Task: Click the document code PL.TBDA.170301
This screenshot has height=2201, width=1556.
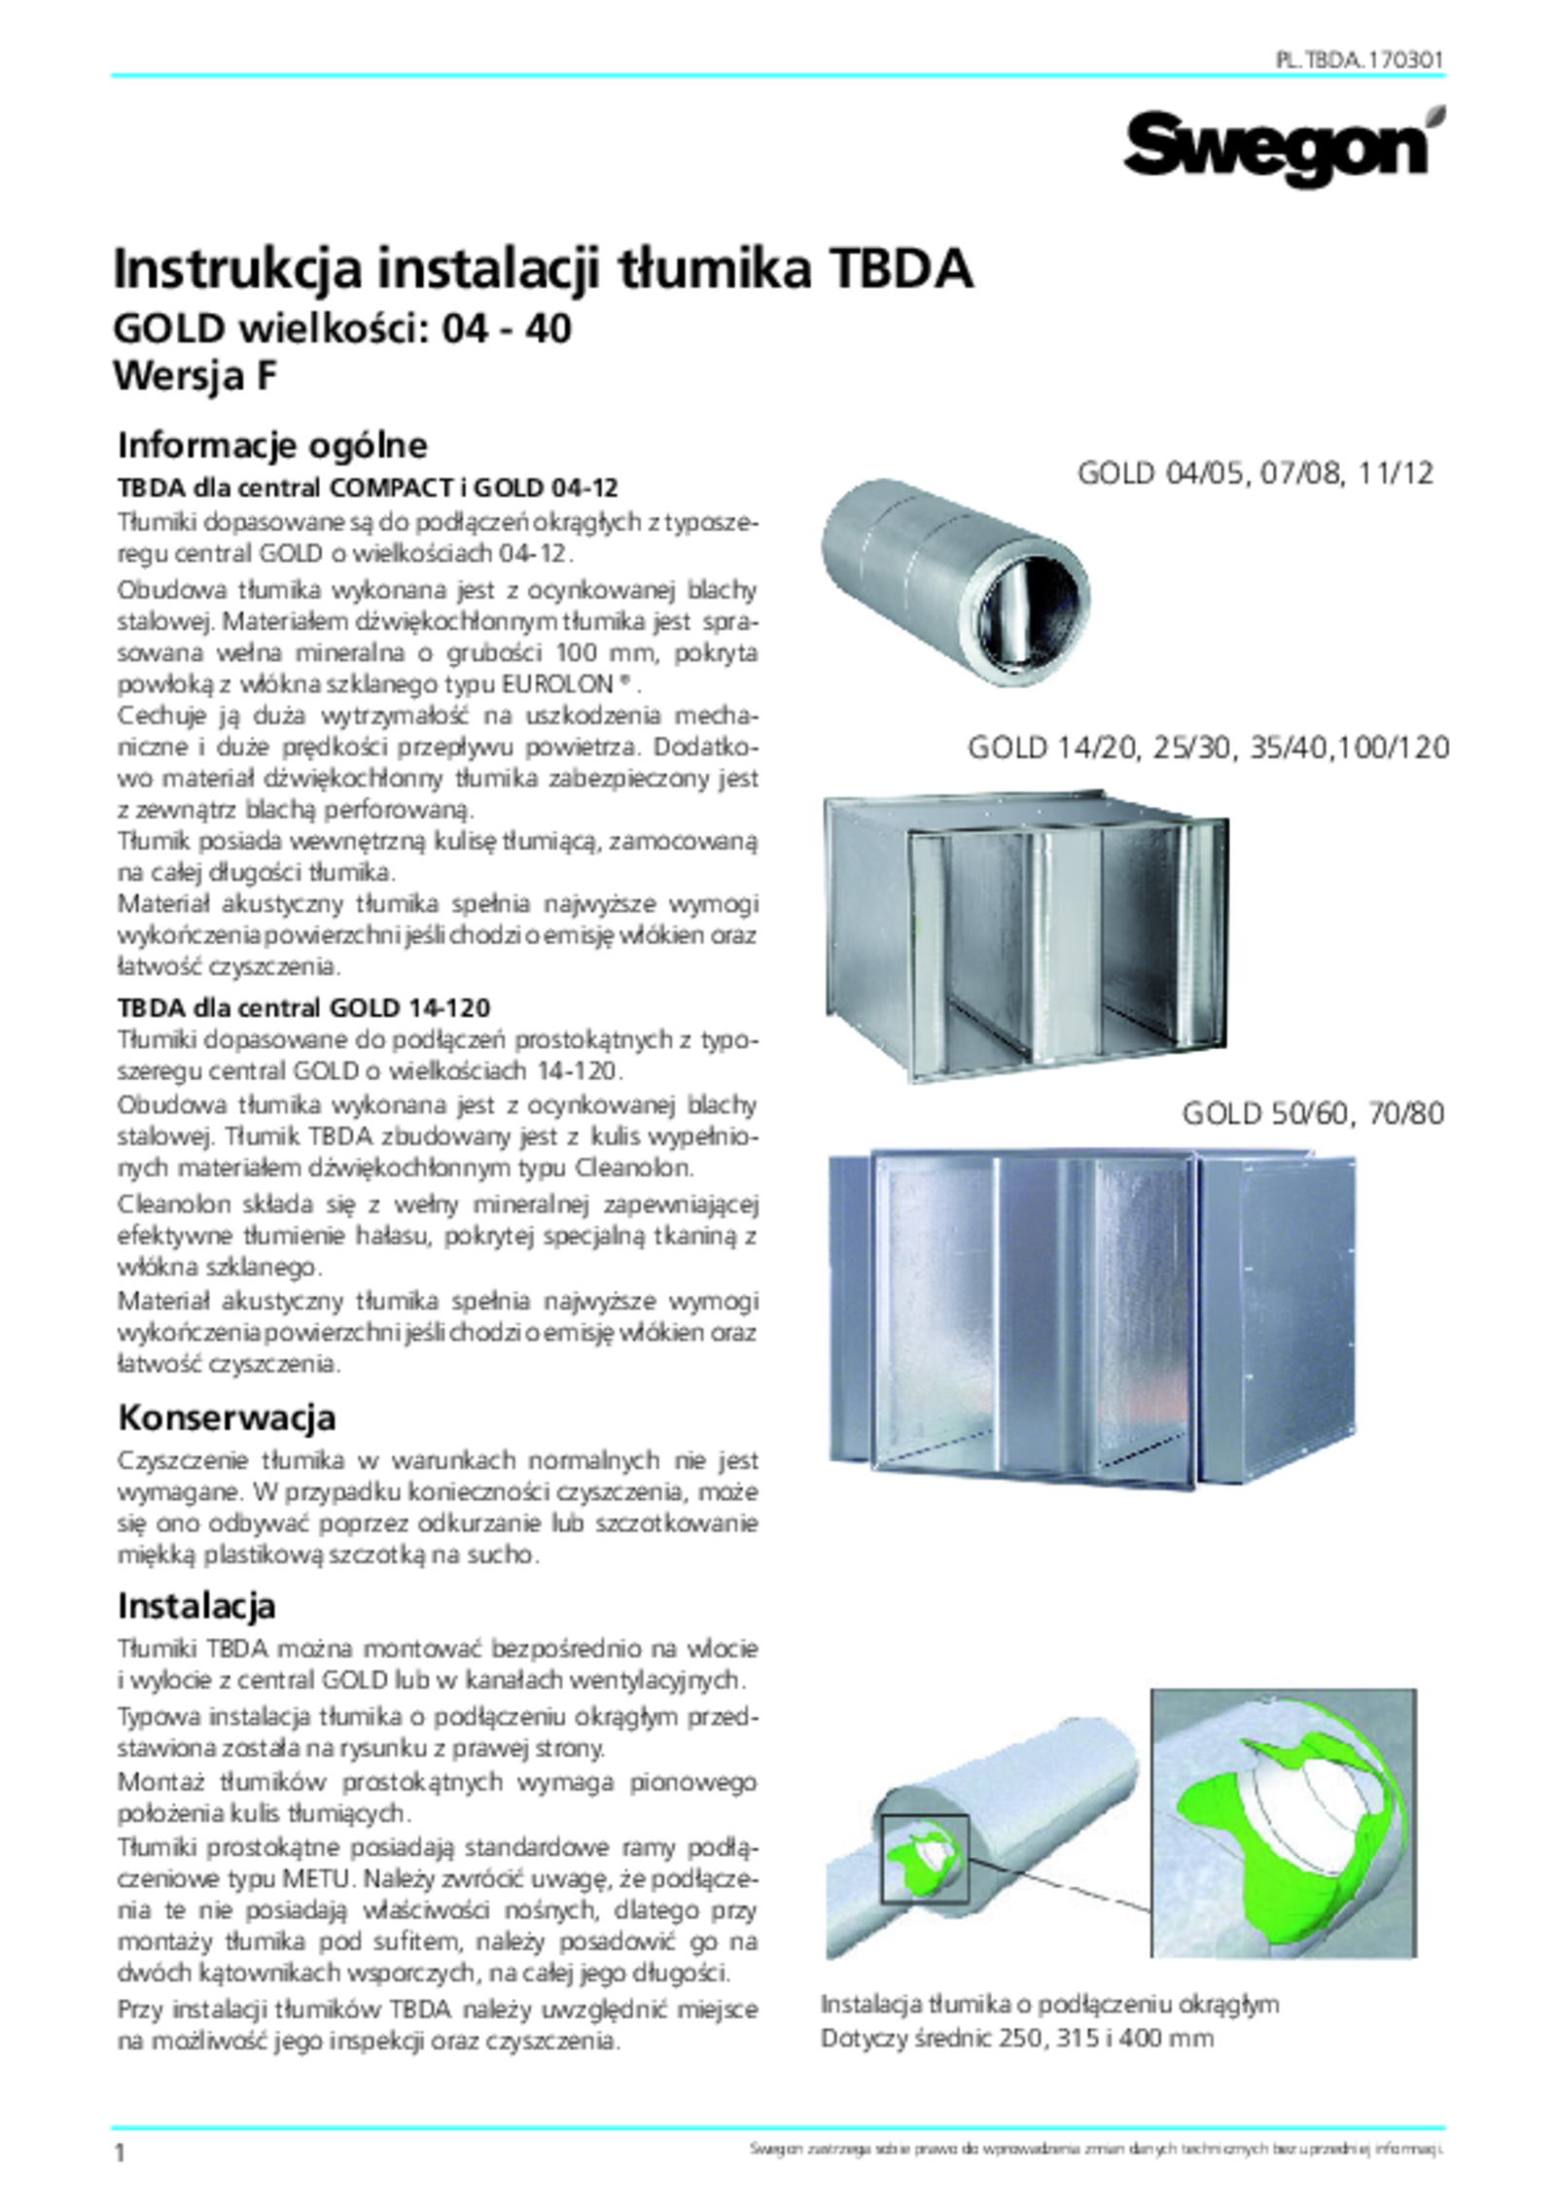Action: [x=1359, y=60]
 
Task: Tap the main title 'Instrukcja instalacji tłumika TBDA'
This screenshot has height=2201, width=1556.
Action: [x=543, y=271]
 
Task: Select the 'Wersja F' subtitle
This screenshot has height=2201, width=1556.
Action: [x=195, y=376]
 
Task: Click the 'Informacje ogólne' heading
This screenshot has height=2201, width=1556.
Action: [x=272, y=445]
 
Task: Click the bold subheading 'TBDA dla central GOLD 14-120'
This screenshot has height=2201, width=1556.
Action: [x=303, y=1006]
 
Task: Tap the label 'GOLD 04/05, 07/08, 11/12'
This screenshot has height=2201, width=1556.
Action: [x=1255, y=473]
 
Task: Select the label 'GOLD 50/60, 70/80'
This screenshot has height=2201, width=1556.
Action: [x=1312, y=1113]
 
